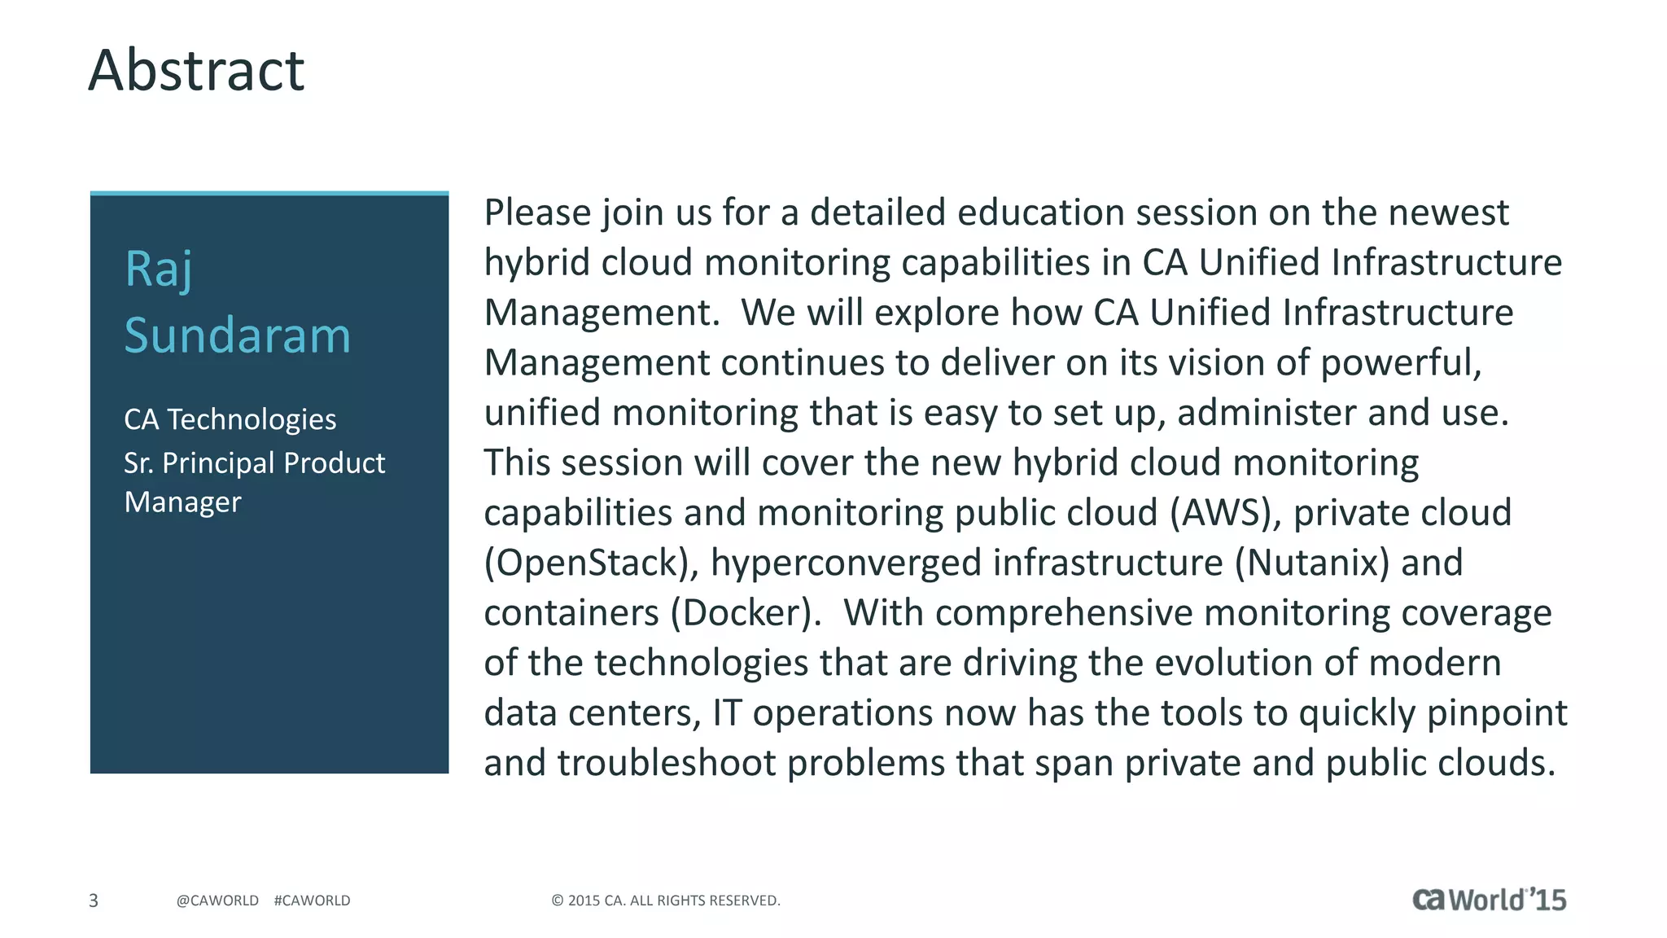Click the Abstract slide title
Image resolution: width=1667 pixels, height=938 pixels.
(x=196, y=71)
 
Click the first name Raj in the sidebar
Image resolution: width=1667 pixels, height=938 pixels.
(x=159, y=269)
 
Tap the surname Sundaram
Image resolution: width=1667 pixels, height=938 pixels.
(x=237, y=335)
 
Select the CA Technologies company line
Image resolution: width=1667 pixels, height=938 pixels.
(x=230, y=419)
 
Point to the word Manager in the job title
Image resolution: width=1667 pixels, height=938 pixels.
(x=182, y=502)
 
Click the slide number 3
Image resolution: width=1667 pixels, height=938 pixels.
(x=94, y=901)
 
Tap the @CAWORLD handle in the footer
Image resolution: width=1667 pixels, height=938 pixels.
(x=217, y=901)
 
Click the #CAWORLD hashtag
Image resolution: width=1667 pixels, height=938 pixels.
(x=312, y=901)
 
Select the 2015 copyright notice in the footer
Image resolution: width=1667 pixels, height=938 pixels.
(x=666, y=901)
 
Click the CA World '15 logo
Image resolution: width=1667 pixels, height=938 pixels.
(x=1489, y=899)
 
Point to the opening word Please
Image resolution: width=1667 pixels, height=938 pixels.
(x=537, y=213)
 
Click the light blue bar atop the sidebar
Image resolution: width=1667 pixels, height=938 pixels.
(x=269, y=194)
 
